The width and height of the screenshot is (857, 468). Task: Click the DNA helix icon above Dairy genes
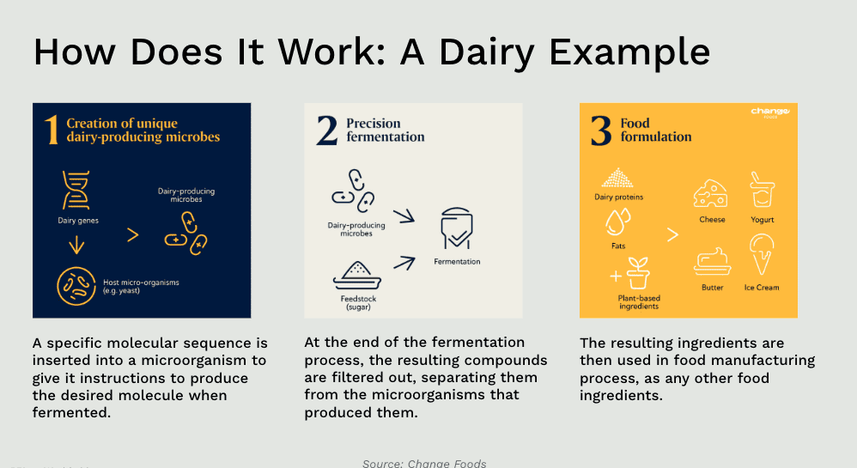tap(76, 190)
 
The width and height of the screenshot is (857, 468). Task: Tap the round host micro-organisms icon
tap(76, 286)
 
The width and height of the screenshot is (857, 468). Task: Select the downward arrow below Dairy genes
tap(76, 245)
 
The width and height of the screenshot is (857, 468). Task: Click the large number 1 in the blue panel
tap(52, 131)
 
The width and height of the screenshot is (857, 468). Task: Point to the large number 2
tap(327, 131)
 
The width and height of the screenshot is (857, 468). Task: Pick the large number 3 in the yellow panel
tap(600, 131)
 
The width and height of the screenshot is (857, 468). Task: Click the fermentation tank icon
tap(457, 228)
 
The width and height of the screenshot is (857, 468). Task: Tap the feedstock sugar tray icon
tap(357, 276)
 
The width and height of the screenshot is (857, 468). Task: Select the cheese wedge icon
tap(710, 193)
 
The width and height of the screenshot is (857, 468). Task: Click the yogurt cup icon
tap(762, 190)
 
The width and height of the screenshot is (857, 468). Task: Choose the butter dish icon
tap(712, 261)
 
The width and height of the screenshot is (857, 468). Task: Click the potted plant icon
tap(638, 273)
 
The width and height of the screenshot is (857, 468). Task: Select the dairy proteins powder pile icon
tap(617, 178)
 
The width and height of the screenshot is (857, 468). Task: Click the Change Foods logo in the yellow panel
tap(770, 112)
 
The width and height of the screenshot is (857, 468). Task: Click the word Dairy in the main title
tap(486, 53)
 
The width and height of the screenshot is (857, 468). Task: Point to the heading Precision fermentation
tap(385, 131)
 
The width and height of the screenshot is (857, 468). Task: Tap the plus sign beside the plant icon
tap(616, 277)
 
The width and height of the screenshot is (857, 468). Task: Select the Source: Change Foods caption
tap(424, 463)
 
